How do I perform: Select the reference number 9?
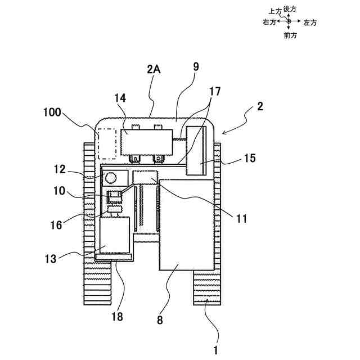pyautogui.click(x=195, y=66)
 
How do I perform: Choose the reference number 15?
pyautogui.click(x=250, y=159)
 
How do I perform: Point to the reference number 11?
pyautogui.click(x=241, y=219)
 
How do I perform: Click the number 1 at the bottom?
pyautogui.click(x=215, y=350)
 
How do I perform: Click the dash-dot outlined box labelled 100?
pyautogui.click(x=106, y=143)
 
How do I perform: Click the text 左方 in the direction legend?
pyautogui.click(x=310, y=22)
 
